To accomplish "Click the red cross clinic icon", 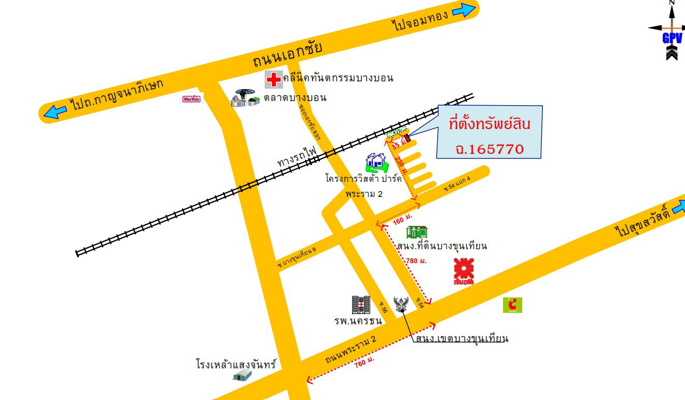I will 273,79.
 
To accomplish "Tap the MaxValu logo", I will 191,98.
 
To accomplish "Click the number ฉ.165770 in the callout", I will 490,149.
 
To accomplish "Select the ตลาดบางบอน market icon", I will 245,98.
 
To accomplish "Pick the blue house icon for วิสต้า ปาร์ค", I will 376,163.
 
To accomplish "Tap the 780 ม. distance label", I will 416,261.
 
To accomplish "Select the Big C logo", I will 512,305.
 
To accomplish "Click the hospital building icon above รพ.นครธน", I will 361,305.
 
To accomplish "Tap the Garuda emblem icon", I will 401,305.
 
